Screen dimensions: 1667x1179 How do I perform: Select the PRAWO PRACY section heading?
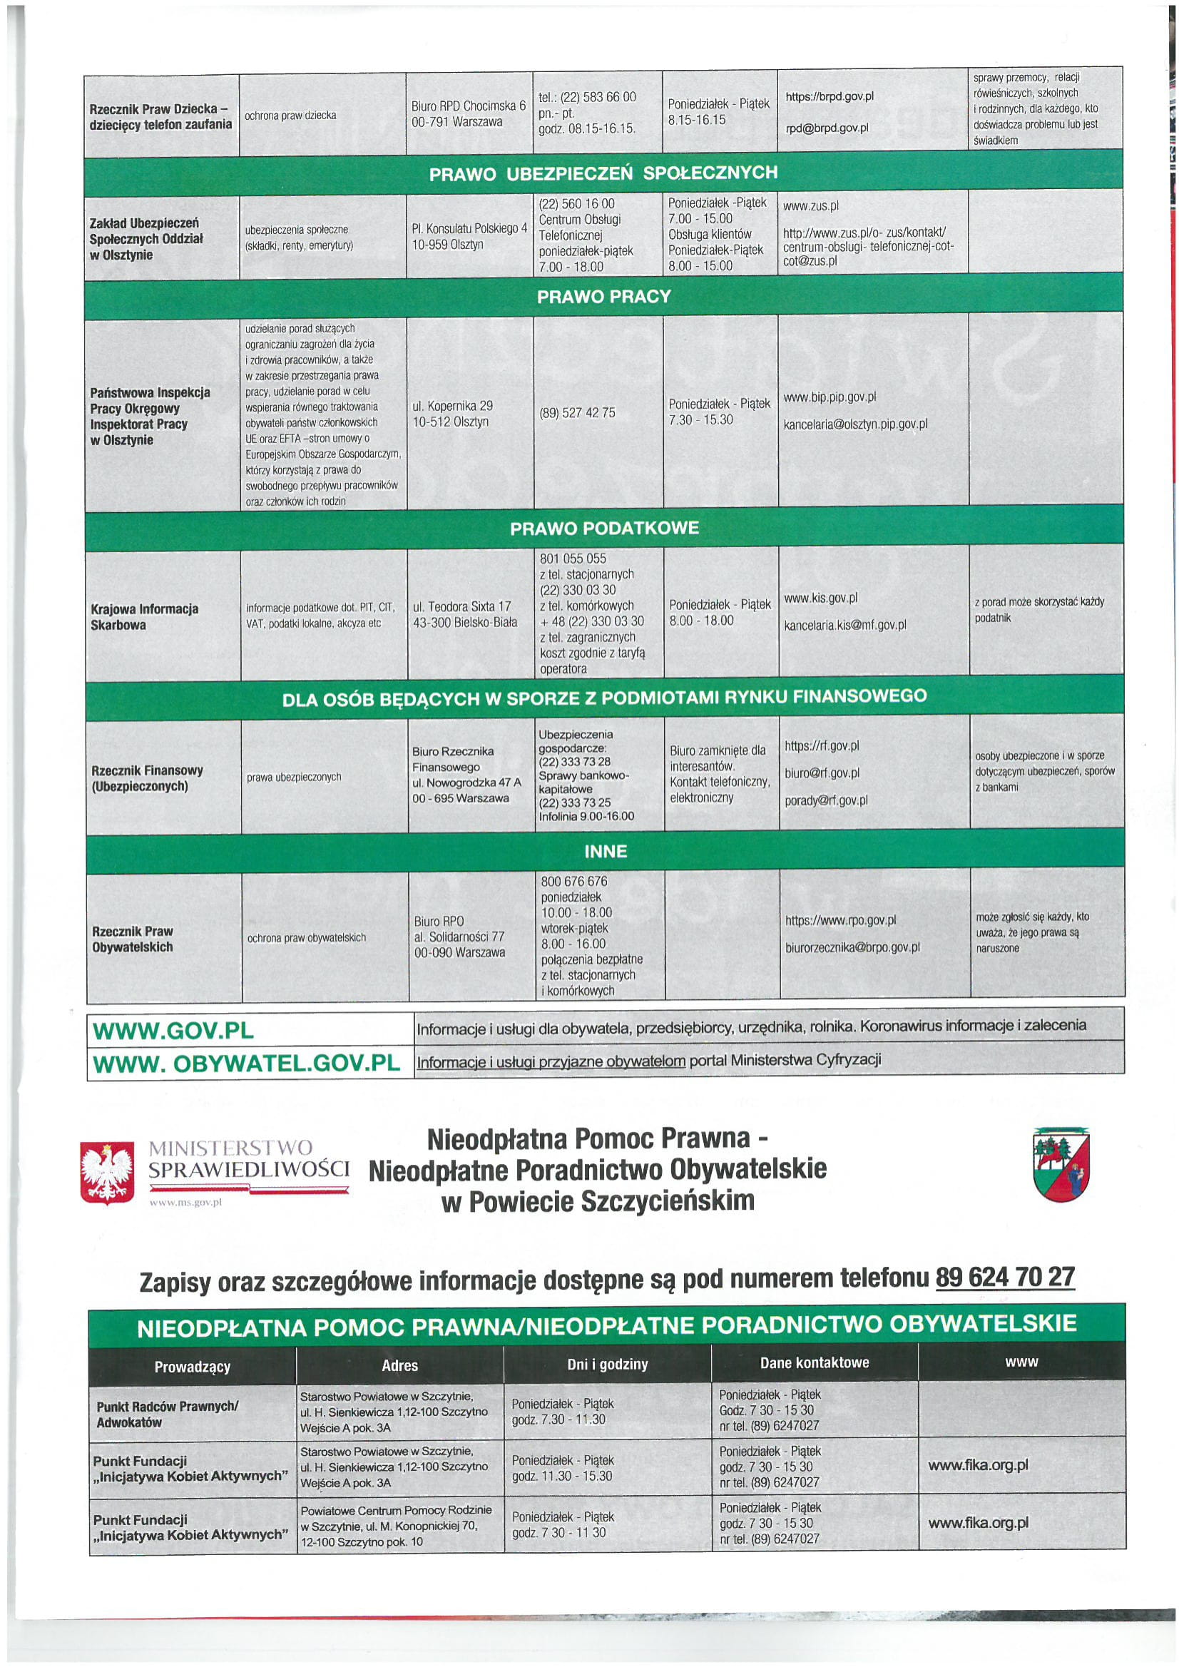click(604, 296)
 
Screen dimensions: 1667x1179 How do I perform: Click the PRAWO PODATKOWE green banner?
click(604, 528)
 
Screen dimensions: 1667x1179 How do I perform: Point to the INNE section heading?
click(605, 851)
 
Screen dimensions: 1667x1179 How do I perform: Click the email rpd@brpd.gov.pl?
click(827, 128)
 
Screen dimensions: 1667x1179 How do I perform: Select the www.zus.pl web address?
click(811, 206)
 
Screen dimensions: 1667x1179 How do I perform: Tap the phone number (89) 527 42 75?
click(577, 412)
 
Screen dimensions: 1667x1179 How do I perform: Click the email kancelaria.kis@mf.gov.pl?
click(845, 625)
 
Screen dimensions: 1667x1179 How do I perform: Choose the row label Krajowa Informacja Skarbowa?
click(145, 616)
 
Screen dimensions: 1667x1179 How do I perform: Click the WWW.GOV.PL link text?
click(171, 1031)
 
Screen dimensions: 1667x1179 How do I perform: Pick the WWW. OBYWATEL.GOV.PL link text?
click(247, 1063)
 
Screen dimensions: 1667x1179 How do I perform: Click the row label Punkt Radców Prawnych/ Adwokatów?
click(167, 1414)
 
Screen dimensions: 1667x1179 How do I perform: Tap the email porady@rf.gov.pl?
click(825, 801)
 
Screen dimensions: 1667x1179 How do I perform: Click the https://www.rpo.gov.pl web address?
click(841, 921)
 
